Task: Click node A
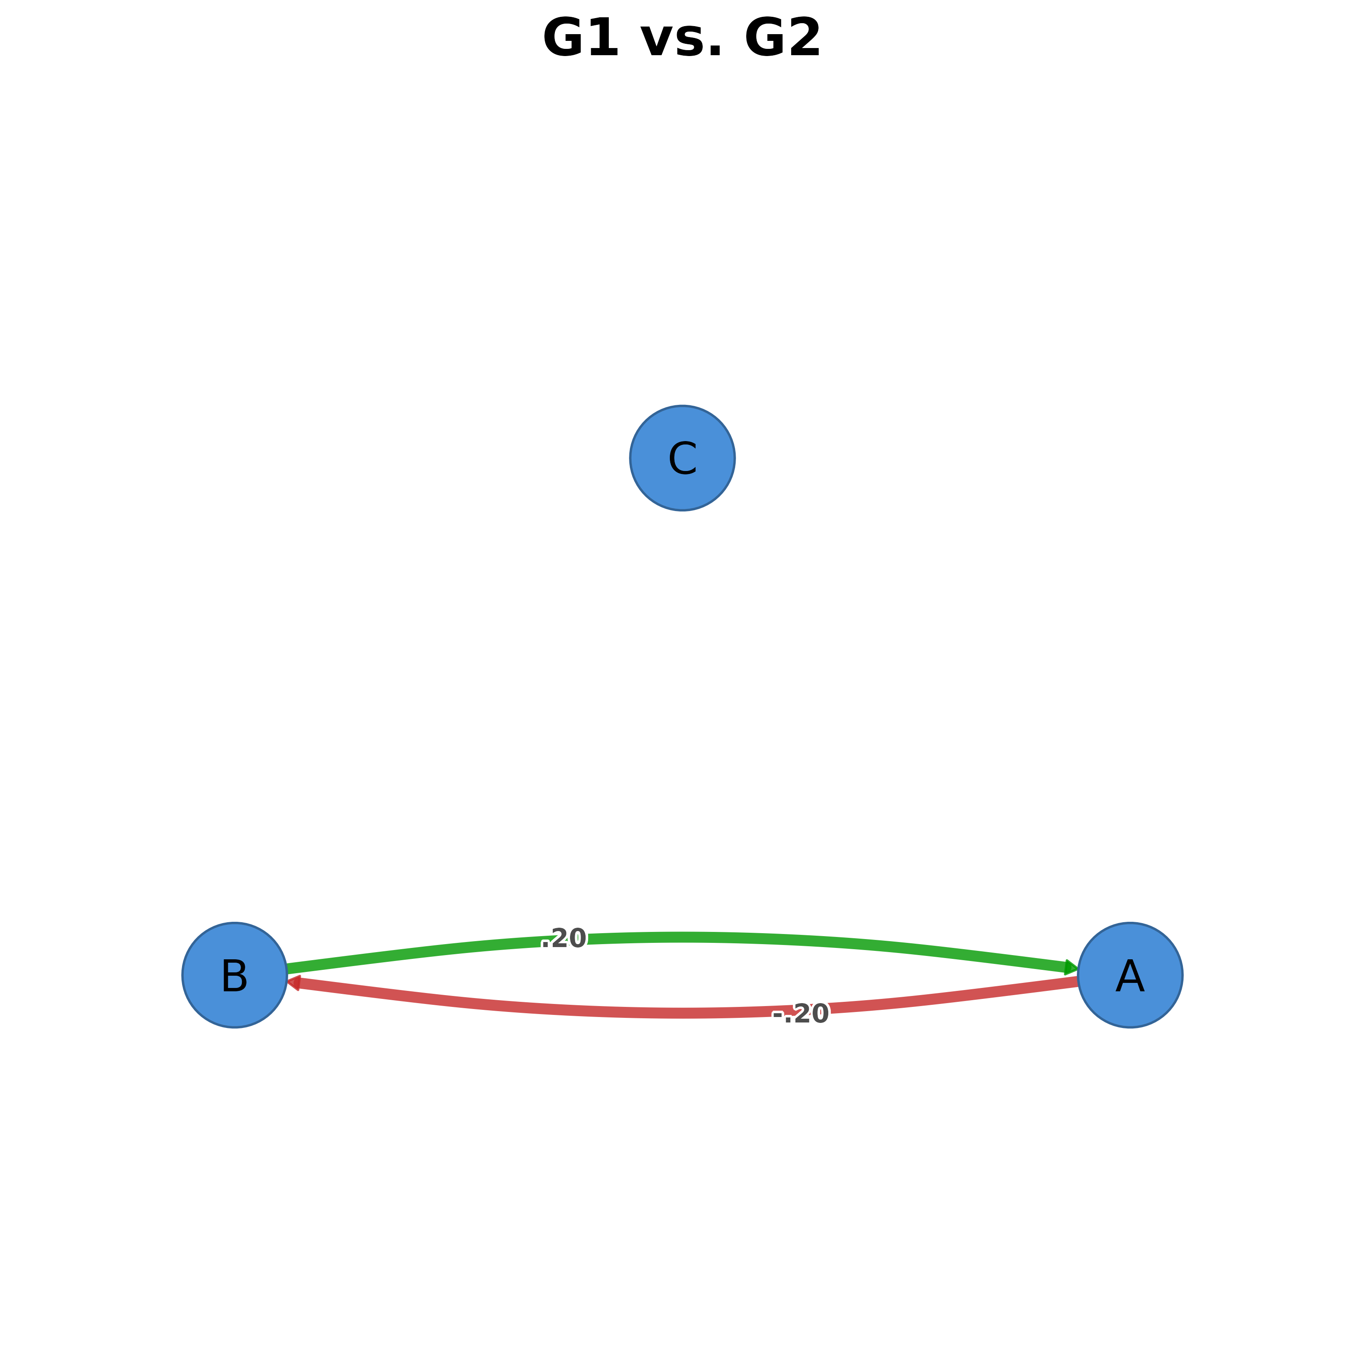pyautogui.click(x=1130, y=975)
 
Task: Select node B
pyautogui.click(x=235, y=975)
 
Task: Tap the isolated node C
pyautogui.click(x=682, y=458)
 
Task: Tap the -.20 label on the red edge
pyautogui.click(x=800, y=1014)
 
